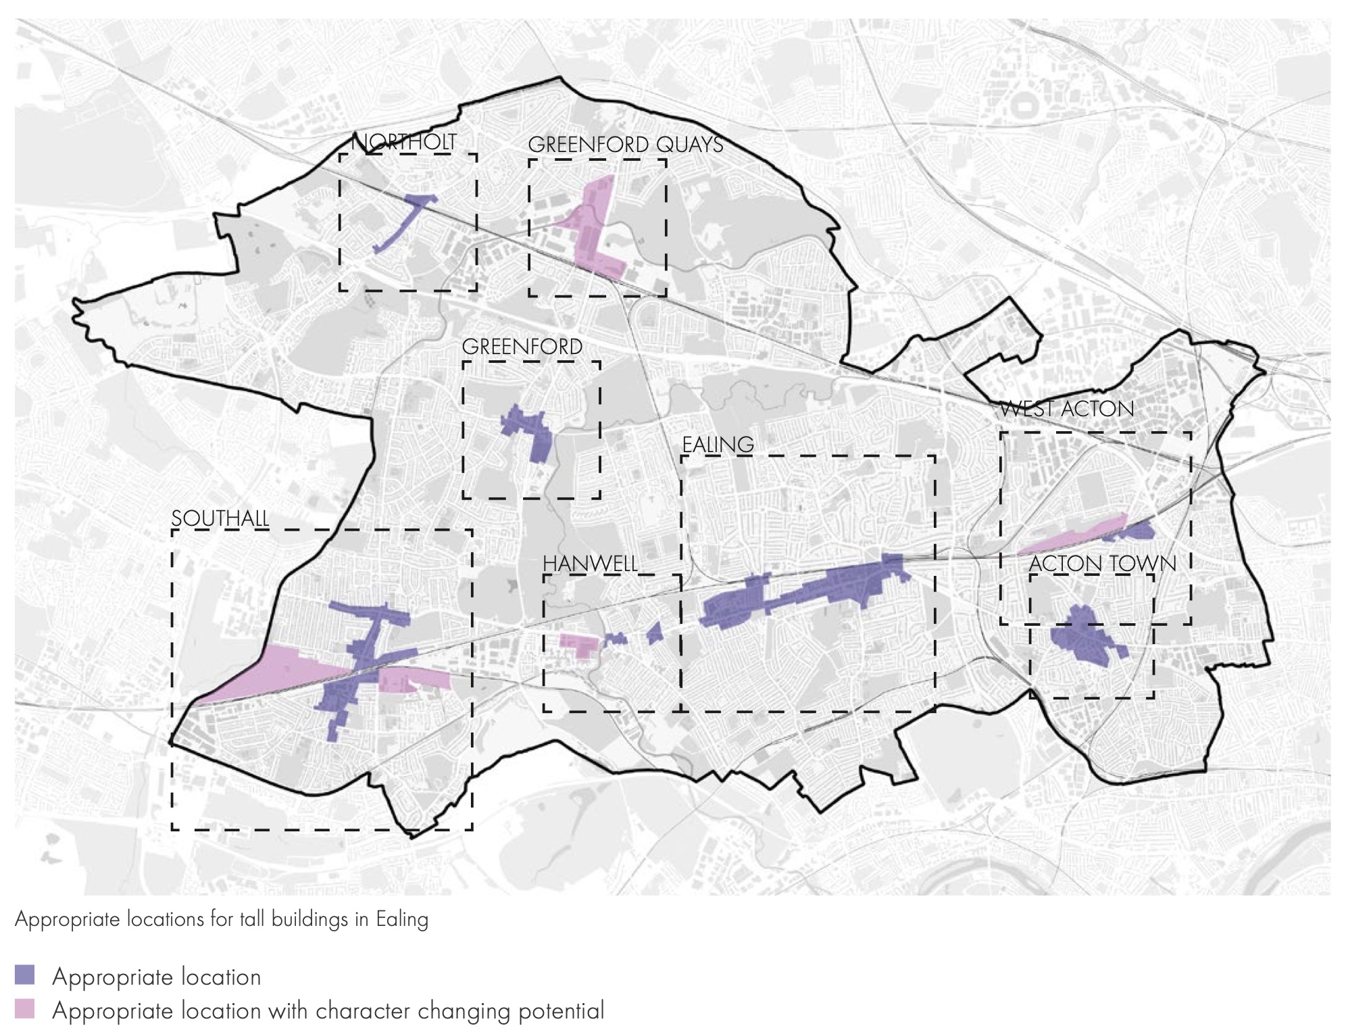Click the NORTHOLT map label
point(404,143)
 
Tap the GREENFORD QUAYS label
point(625,145)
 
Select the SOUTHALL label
point(220,518)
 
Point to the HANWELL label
point(590,564)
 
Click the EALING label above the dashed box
point(718,445)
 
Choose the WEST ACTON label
point(1067,409)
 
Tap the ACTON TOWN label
point(1103,564)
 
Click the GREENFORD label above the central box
point(522,347)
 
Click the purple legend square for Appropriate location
point(25,975)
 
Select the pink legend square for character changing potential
point(25,1010)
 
